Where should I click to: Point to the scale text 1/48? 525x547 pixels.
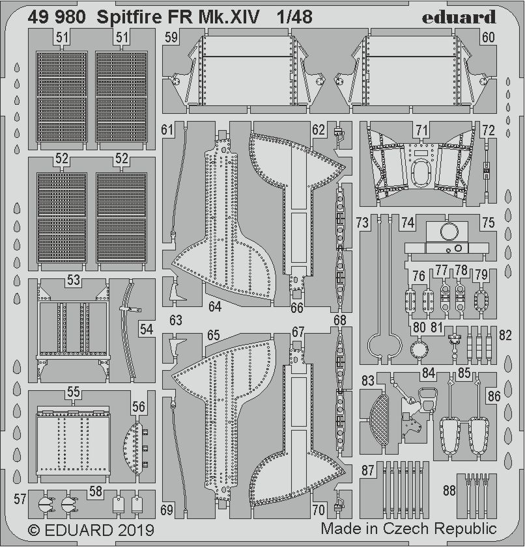click(292, 18)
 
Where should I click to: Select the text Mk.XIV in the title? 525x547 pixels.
click(228, 18)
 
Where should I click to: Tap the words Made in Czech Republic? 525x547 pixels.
click(408, 528)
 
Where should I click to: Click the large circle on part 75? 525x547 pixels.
click(449, 231)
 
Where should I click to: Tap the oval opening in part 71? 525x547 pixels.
click(423, 173)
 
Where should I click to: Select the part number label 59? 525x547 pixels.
click(171, 38)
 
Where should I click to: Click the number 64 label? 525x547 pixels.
click(215, 305)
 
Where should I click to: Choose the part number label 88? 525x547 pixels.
click(449, 488)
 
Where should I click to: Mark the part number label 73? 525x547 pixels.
click(363, 222)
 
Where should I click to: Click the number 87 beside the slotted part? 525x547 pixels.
click(369, 470)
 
